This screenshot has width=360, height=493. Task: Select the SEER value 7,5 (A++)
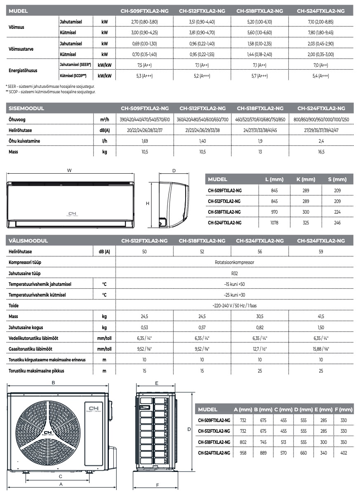point(144,65)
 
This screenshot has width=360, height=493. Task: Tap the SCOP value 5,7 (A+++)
point(260,76)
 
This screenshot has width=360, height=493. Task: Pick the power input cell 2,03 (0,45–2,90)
point(320,43)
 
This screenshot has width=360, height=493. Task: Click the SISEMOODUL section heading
point(26,108)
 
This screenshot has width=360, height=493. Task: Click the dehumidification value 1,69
point(144,141)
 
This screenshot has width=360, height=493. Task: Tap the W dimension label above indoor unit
point(69,170)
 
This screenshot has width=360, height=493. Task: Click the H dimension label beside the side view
point(147,203)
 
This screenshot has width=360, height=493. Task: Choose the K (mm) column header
point(306,179)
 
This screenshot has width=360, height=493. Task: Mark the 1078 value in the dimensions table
point(274,223)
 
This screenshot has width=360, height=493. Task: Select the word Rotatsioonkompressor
point(234,262)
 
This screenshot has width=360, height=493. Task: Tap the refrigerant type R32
point(234,273)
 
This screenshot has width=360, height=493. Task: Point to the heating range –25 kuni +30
point(234,295)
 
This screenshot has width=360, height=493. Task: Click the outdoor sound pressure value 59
point(320,251)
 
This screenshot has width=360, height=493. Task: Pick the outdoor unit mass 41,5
point(320,316)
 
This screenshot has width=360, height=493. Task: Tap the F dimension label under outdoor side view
point(158,485)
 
